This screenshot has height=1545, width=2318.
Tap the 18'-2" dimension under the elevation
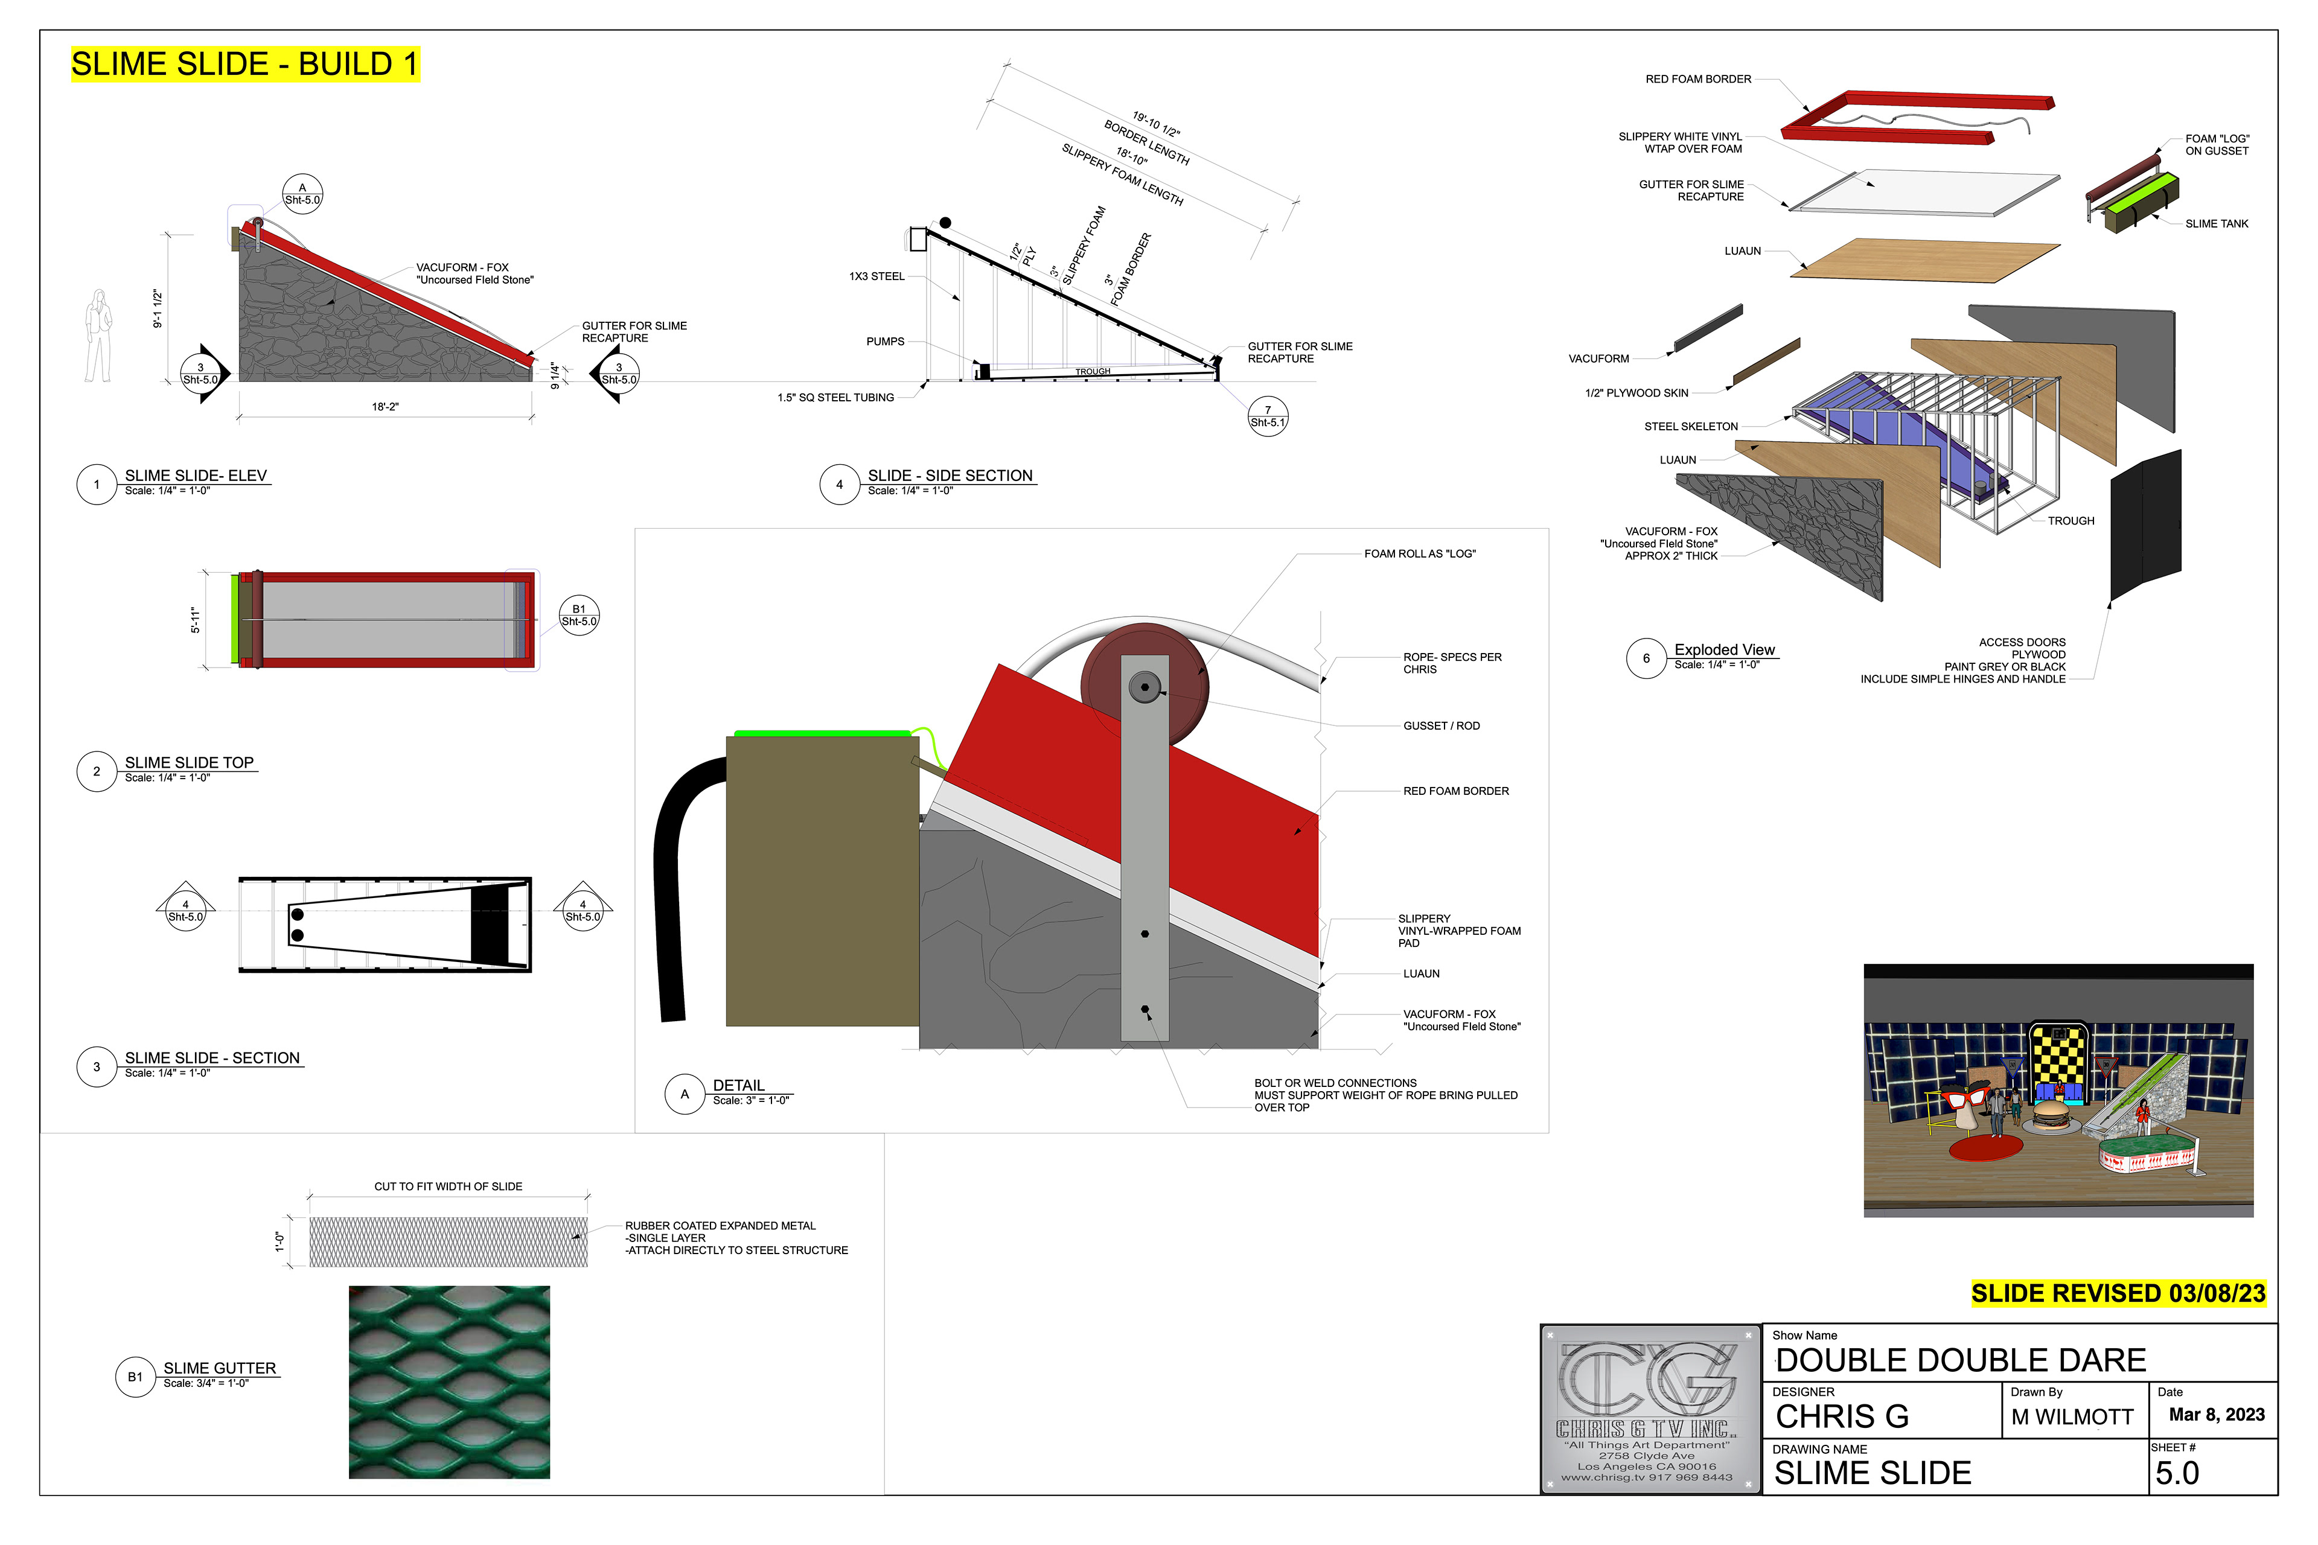point(385,407)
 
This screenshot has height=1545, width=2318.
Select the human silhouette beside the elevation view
point(98,336)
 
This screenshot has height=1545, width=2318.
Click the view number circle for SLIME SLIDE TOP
point(97,771)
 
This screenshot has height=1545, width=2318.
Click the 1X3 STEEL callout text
point(876,277)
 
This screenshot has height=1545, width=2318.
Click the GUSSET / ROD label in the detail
point(1441,726)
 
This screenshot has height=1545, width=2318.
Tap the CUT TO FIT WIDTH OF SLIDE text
point(449,1187)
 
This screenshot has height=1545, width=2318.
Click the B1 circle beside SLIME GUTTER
point(135,1377)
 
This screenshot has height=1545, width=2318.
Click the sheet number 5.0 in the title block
point(2177,1473)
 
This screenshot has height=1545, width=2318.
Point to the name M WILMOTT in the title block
point(2072,1417)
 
